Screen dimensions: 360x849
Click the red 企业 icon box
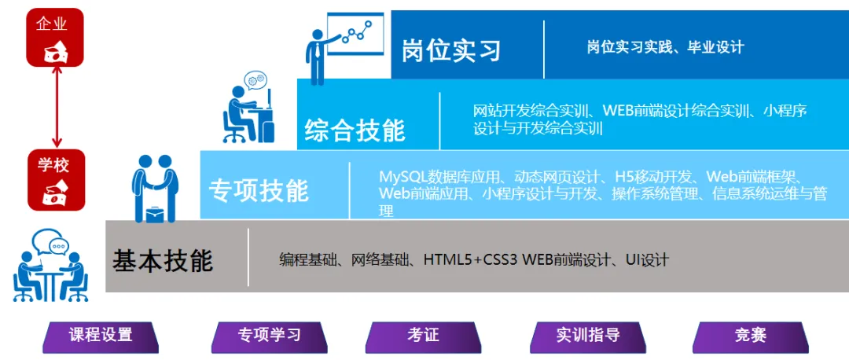pos(56,38)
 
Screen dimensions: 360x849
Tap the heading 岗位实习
pos(451,50)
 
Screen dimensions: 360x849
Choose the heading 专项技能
pos(259,190)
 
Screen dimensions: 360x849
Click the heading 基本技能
pos(163,260)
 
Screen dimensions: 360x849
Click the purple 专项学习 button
pos(270,336)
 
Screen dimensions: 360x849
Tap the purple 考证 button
pos(423,336)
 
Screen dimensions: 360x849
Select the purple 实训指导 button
pos(588,336)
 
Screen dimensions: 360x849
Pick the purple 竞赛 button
pos(751,336)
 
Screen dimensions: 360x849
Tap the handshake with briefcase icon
pos(153,188)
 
